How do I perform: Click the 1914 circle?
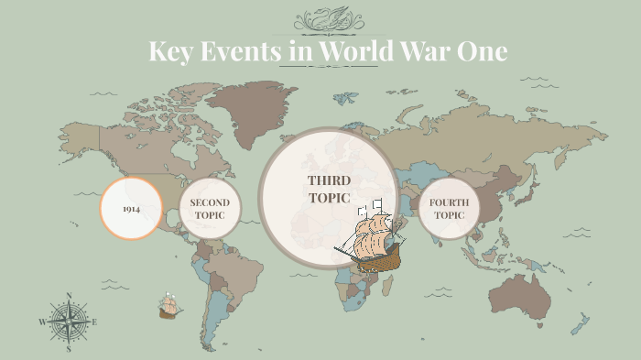tap(131, 208)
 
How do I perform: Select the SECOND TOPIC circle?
tap(210, 209)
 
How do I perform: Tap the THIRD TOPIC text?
tap(330, 188)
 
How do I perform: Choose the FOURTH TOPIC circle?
tap(449, 209)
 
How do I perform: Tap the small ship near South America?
tap(168, 307)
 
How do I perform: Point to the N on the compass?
tap(69, 296)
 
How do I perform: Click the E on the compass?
tap(94, 322)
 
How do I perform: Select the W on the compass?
tap(42, 322)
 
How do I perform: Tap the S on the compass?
tap(69, 349)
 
